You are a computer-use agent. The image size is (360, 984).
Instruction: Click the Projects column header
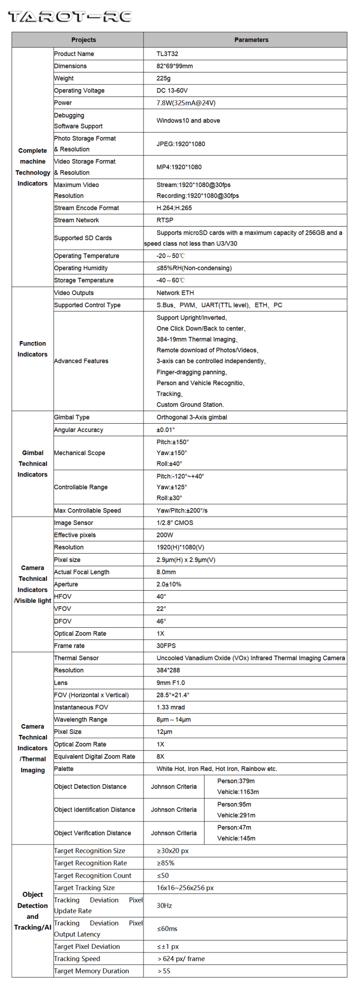83,40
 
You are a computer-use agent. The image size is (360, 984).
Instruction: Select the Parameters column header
251,40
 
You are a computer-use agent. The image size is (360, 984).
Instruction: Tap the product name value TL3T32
167,54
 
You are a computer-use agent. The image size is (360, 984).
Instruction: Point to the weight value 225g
164,79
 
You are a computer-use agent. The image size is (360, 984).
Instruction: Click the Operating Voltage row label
79,91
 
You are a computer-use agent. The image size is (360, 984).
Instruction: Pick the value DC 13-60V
172,91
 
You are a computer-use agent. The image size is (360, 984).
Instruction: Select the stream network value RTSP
165,220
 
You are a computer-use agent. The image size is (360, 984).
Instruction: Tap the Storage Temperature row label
83,281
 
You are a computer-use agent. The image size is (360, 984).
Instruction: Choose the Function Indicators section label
32,349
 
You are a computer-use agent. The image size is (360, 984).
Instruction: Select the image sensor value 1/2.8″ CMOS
174,523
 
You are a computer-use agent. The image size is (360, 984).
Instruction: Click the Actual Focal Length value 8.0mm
166,572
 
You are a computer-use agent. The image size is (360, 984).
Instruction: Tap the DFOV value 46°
161,621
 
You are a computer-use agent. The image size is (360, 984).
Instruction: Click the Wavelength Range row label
80,720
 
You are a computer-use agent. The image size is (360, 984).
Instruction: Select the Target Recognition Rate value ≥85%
165,863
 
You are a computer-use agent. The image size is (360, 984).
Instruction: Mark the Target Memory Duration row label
91,971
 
